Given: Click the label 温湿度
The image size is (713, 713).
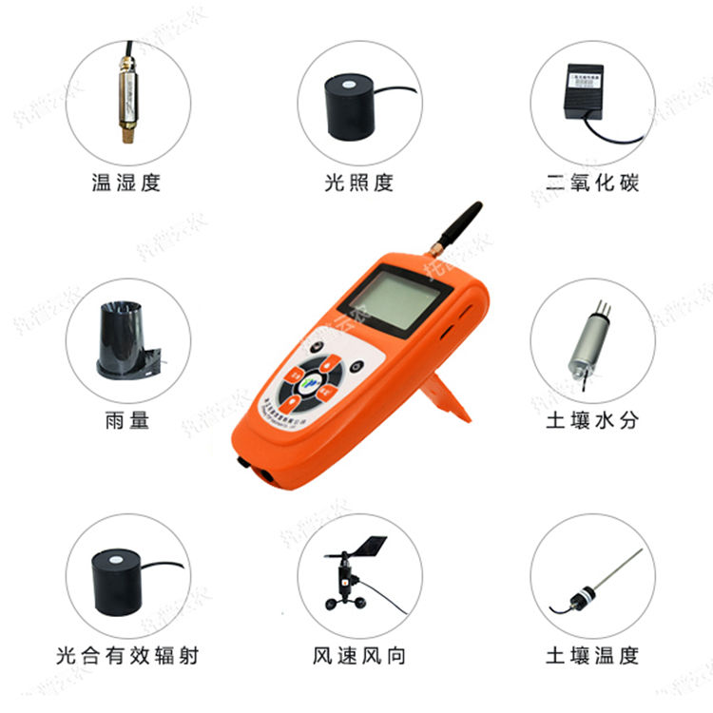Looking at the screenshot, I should point(125,183).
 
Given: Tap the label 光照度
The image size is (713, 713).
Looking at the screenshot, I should point(358,183).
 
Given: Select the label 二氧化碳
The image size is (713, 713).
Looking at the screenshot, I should point(592,183).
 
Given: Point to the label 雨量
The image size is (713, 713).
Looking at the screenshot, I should point(127,419).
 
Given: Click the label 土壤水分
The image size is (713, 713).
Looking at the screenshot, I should point(592,419).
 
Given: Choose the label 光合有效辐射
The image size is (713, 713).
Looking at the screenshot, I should point(127,655).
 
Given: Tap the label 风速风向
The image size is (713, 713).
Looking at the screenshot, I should point(358,655).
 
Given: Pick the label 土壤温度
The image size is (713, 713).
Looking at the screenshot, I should point(592,655).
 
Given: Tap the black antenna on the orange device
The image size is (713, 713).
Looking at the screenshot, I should point(455,229).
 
